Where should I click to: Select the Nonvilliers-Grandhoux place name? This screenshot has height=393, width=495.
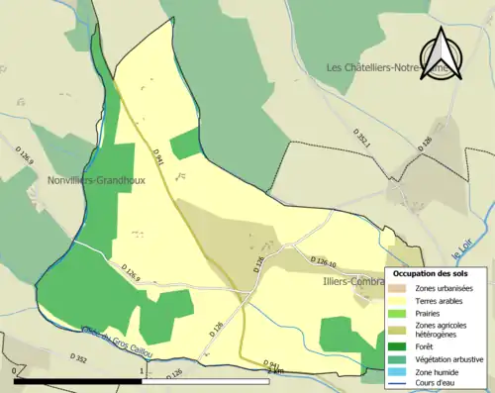(x=95, y=180)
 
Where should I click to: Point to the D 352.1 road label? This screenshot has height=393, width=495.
(x=362, y=140)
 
